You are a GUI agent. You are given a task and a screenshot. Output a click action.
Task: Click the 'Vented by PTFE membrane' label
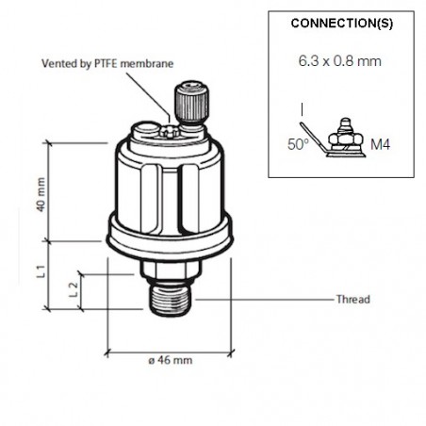click(108, 64)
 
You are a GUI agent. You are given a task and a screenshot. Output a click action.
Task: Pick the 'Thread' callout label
click(352, 300)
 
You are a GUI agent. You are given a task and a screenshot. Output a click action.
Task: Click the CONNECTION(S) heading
click(343, 23)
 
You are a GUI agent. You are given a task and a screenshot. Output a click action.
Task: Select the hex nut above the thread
click(171, 271)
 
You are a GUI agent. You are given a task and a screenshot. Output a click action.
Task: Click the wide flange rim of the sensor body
click(170, 237)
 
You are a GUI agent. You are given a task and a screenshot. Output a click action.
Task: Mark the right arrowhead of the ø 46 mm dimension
click(230, 354)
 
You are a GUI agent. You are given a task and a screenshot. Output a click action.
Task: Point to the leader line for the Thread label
click(264, 300)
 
